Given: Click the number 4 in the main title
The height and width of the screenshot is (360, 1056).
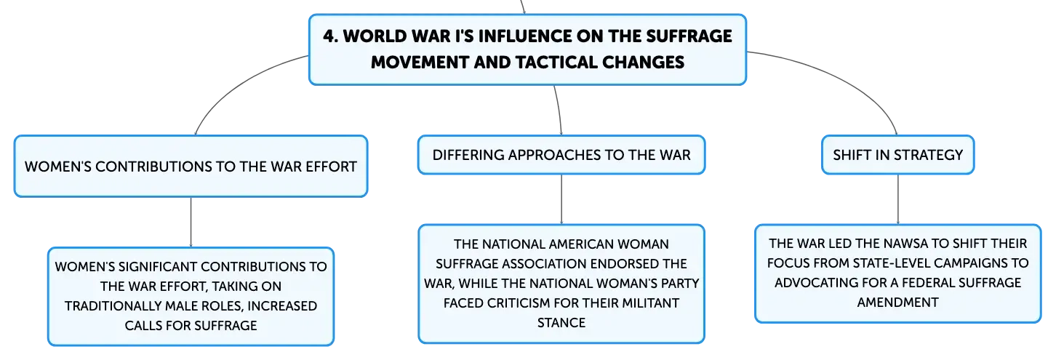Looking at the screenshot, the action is tap(329, 36).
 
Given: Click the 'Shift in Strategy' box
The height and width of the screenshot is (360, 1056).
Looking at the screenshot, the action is tap(897, 155).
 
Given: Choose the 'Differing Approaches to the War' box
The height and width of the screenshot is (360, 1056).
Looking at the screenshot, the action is tap(561, 155).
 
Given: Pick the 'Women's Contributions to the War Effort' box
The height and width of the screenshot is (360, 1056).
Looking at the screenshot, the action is tap(191, 167).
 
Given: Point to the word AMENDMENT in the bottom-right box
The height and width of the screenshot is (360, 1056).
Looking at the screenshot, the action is tap(897, 303).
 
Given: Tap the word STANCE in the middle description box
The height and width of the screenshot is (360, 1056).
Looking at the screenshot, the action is tap(561, 323).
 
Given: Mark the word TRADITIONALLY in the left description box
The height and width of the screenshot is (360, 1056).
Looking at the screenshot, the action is tap(113, 306).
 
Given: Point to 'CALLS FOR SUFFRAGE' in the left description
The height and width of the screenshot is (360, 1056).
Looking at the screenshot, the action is tap(191, 326).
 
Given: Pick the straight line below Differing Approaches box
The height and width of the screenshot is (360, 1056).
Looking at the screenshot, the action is tap(561, 199).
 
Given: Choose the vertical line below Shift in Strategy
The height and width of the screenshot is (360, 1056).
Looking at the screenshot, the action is tap(897, 199).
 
